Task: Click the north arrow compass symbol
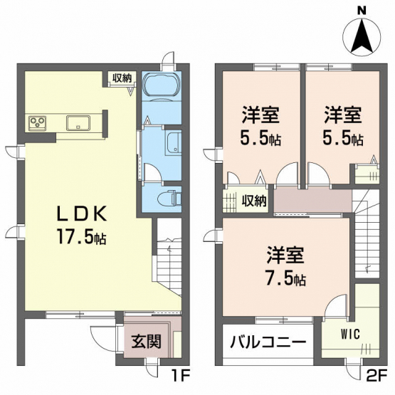click(x=362, y=37)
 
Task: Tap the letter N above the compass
click(x=362, y=10)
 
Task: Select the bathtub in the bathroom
click(x=162, y=85)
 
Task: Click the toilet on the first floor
click(x=169, y=198)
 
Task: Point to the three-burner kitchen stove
click(x=38, y=123)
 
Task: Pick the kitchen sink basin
click(x=78, y=123)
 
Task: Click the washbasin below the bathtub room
click(x=174, y=144)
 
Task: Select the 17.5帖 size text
click(x=82, y=236)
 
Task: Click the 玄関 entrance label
click(x=146, y=342)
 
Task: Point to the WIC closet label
click(x=350, y=335)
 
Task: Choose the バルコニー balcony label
click(x=268, y=342)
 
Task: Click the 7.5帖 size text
click(x=286, y=278)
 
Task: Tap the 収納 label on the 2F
click(x=254, y=201)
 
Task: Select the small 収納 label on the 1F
click(x=122, y=78)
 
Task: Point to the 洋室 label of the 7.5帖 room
click(x=286, y=256)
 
